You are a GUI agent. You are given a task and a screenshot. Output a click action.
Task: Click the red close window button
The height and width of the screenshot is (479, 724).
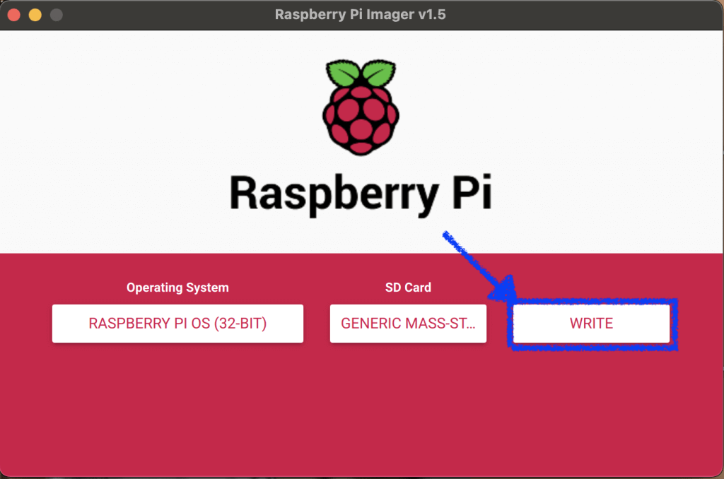14,15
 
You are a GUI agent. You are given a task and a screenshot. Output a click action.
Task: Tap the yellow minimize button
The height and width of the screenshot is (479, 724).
35,15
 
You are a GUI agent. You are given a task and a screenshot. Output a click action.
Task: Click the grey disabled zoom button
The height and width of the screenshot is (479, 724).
57,15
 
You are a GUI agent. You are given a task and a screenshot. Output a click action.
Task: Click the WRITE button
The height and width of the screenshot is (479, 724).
591,324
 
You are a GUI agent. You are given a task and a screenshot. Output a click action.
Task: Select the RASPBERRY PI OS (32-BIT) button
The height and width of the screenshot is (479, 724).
177,324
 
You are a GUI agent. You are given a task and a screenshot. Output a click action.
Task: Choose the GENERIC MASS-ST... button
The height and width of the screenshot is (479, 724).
408,324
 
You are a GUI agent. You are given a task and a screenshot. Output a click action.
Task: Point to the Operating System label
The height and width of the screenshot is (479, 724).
177,288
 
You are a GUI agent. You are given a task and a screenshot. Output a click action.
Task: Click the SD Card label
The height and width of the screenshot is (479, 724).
408,288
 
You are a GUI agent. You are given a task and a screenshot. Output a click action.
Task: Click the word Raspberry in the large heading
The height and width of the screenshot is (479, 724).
334,194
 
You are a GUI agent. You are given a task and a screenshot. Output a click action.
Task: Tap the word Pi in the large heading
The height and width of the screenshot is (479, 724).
472,191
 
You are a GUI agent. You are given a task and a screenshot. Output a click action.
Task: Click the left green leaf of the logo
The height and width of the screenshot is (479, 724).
343,73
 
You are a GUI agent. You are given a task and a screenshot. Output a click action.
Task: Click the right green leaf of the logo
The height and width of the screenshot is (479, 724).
379,73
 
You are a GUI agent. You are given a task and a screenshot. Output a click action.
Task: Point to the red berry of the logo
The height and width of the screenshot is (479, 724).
361,119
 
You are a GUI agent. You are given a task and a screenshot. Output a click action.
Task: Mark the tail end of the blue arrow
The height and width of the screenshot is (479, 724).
445,234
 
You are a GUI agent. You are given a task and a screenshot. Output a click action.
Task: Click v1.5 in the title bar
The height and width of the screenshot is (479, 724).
432,14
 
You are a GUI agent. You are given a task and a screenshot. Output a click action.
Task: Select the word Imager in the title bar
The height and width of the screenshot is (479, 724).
390,15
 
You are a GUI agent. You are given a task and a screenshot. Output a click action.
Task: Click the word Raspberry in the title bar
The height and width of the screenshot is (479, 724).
310,15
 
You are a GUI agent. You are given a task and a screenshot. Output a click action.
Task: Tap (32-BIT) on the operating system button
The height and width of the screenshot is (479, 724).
240,324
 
